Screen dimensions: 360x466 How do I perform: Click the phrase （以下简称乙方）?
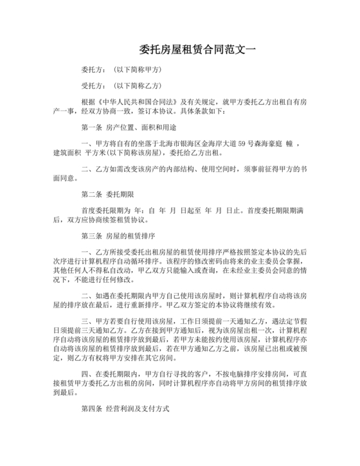(136, 85)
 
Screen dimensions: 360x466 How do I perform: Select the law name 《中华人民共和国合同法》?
(132, 102)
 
